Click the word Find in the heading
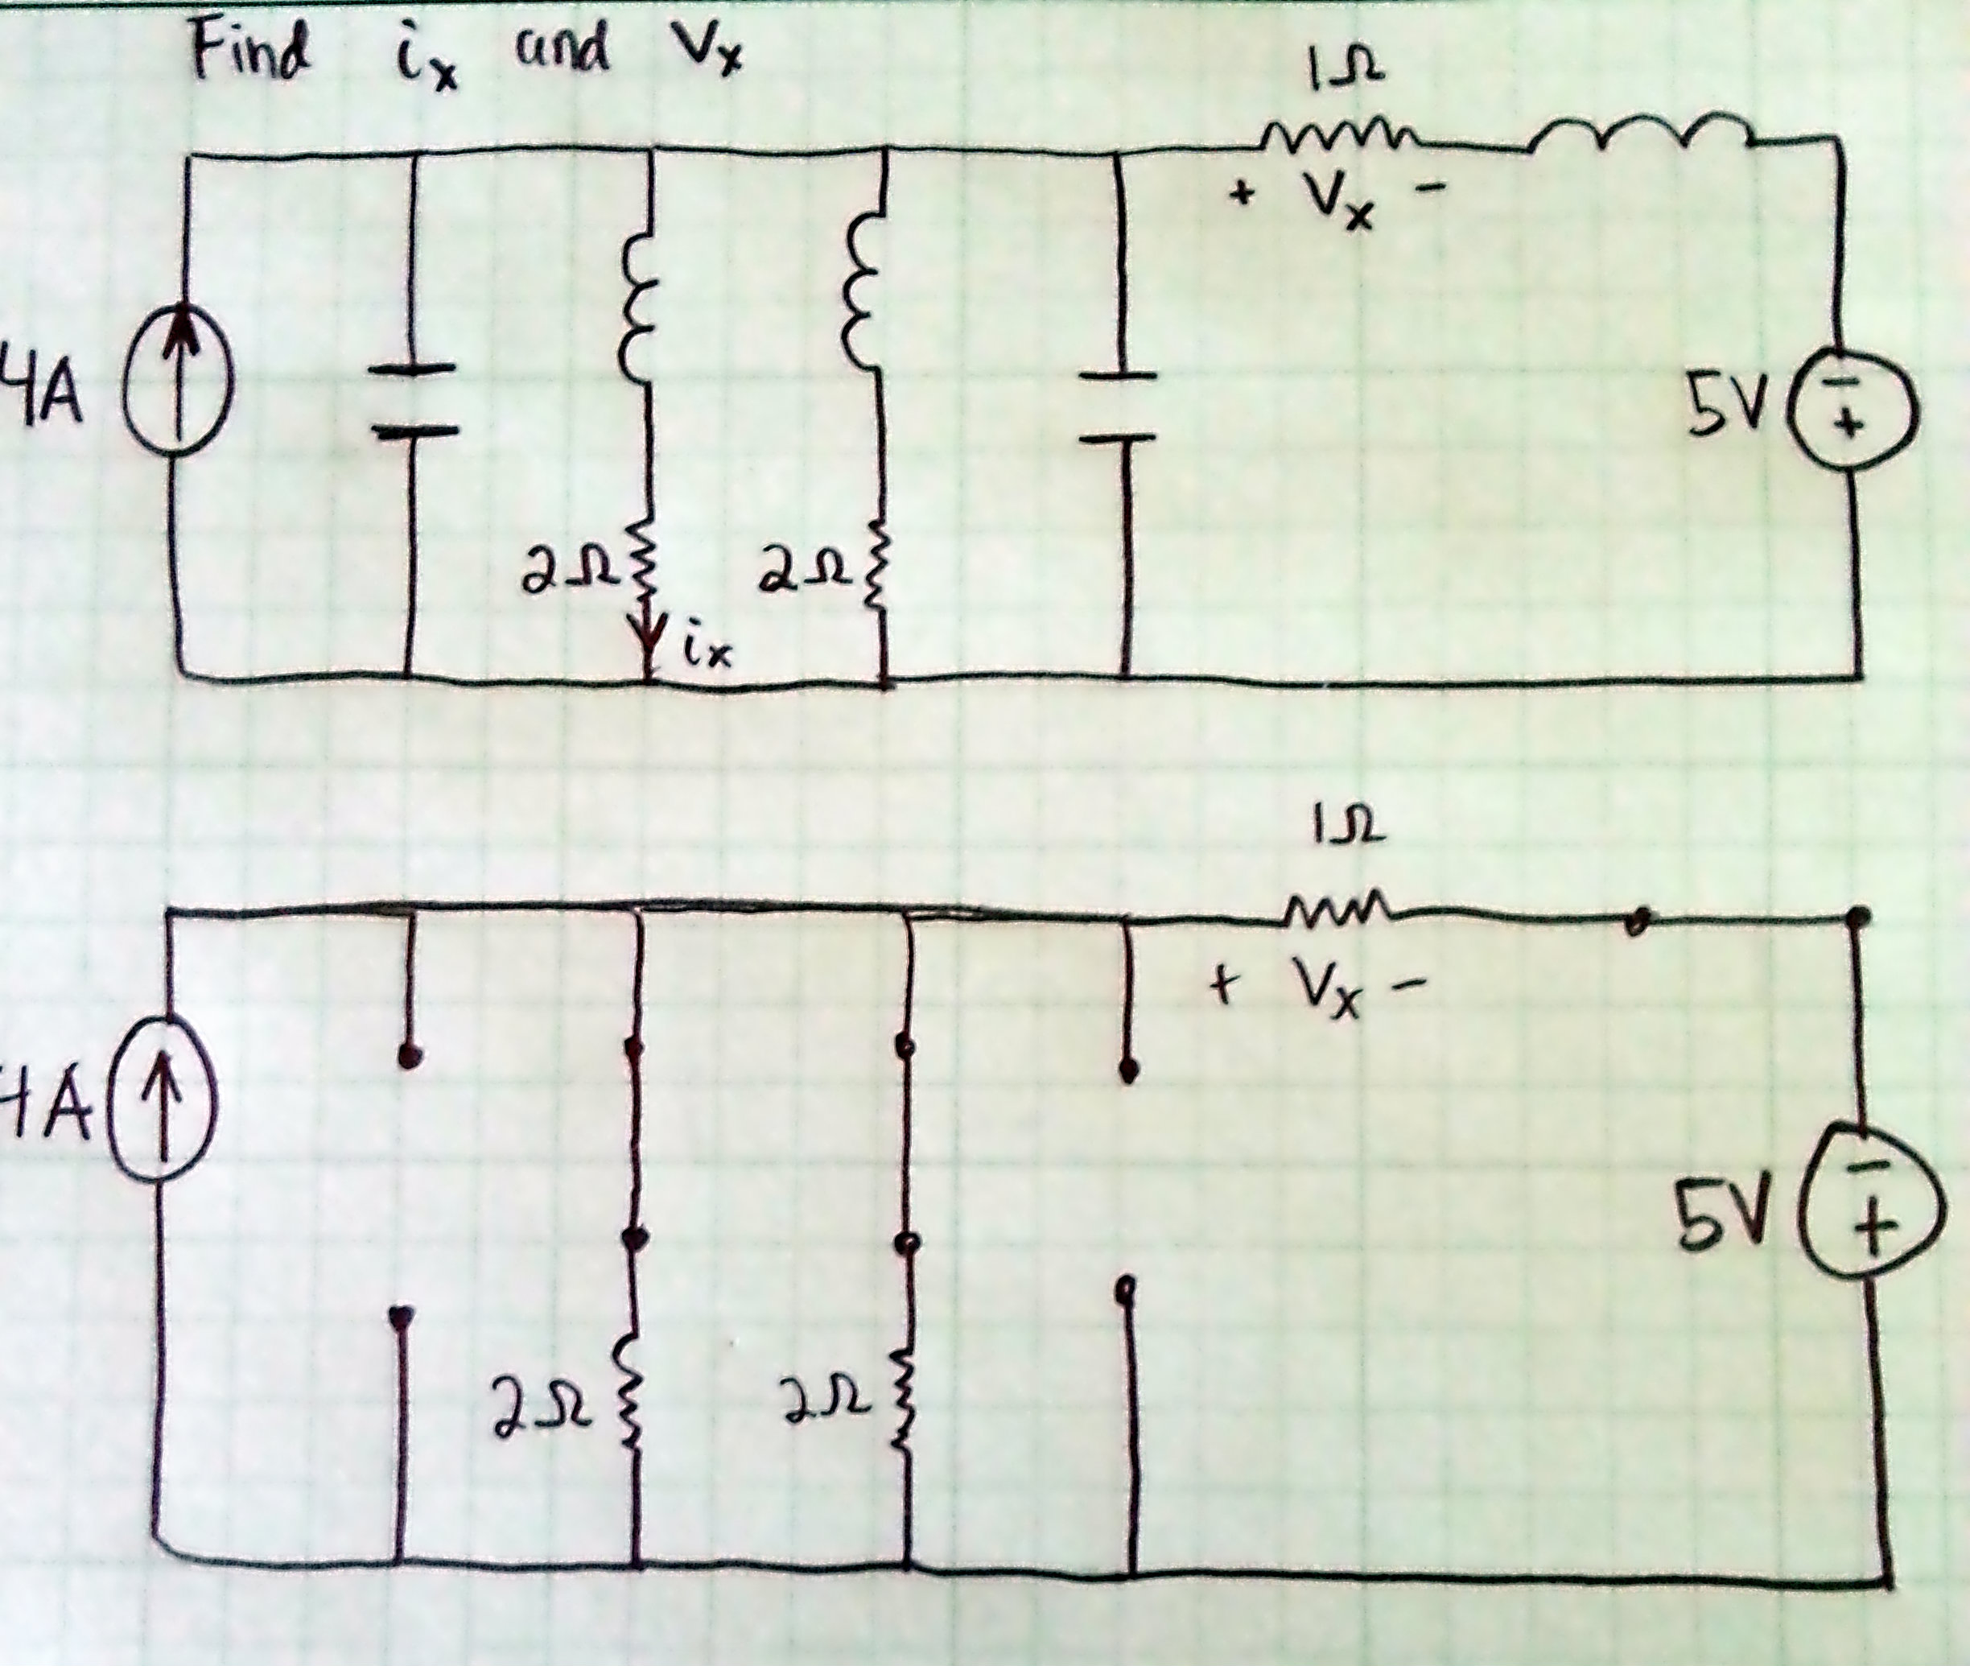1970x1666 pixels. [x=250, y=52]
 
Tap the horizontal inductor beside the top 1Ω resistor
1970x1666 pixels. [x=1638, y=137]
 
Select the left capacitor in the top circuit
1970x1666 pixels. [x=412, y=401]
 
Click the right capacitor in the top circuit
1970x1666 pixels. [x=1118, y=407]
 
